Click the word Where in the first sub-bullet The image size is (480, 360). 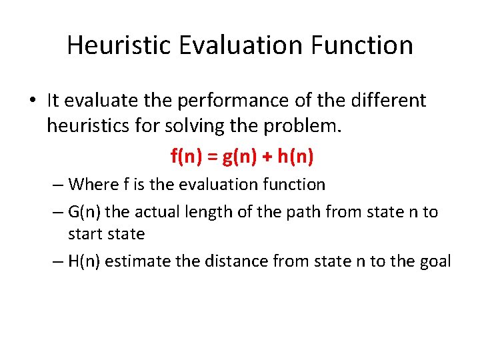pyautogui.click(x=89, y=183)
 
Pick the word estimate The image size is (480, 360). pyautogui.click(x=138, y=261)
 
